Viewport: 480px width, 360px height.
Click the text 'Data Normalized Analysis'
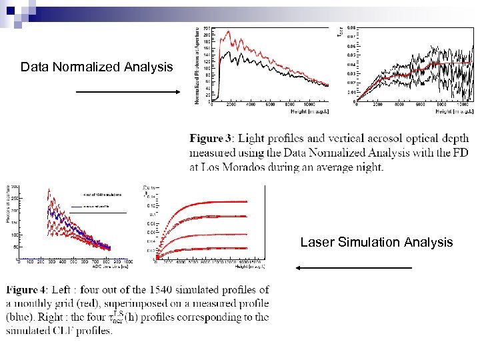97,67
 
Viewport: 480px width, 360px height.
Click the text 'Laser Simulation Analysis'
376,242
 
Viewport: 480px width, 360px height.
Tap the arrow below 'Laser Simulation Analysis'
353,268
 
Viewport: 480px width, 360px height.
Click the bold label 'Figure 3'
211,139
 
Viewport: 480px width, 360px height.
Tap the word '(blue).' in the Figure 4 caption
25,317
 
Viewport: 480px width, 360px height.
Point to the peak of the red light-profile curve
229,31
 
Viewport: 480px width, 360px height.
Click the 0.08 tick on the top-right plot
351,28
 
